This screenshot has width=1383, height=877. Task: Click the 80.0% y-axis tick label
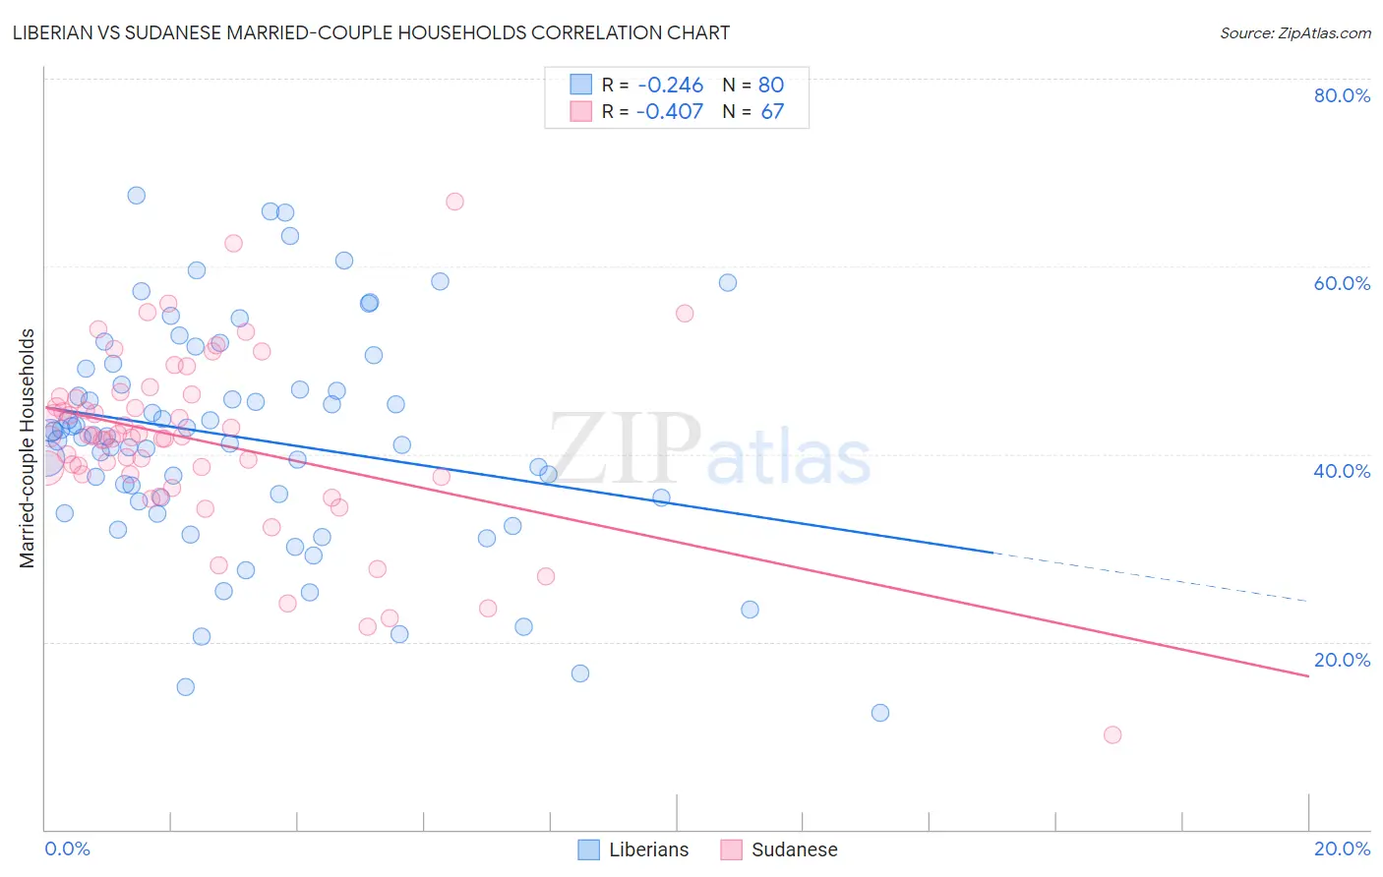pos(1342,95)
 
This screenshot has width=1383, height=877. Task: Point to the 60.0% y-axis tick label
pos(1342,283)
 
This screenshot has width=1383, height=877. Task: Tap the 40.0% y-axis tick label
pos(1342,471)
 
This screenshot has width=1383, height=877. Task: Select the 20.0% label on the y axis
pos(1342,660)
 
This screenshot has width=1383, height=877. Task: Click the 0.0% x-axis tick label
pos(67,848)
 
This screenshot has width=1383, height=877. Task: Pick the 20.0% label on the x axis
pos(1342,848)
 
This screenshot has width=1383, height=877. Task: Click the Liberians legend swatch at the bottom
pos(589,849)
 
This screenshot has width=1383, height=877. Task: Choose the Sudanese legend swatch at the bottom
pos(731,849)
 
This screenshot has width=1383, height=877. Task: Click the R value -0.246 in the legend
pos(669,86)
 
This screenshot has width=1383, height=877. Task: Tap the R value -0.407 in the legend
pos(669,112)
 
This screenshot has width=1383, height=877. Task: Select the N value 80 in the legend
pos(770,86)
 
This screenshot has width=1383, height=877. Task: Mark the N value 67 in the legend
pos(772,112)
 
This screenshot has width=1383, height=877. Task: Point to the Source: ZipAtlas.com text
pos(1294,33)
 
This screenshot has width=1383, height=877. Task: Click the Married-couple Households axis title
pos(28,448)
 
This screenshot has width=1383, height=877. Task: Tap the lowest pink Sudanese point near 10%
pos(1112,734)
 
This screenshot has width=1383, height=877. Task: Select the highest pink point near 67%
pos(454,202)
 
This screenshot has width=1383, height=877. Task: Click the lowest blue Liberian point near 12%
pos(880,713)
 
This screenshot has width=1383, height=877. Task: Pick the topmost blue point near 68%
pos(137,196)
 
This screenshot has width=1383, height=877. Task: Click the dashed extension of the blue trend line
pos(1151,577)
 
